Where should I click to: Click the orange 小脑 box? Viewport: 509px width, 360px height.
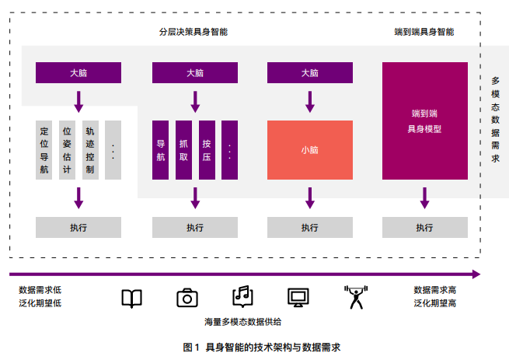coord(309,150)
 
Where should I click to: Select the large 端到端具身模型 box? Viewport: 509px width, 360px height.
coord(424,121)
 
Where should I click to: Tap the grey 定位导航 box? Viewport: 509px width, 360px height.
coord(44,150)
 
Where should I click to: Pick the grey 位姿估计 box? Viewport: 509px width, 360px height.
coord(68,150)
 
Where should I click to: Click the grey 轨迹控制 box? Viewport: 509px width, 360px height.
coord(90,150)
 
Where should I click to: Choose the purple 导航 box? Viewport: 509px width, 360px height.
coord(161,150)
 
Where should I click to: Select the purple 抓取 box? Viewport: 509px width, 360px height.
coord(183,150)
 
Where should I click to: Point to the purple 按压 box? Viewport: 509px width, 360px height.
coord(207,150)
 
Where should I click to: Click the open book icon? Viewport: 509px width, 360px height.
coord(132,298)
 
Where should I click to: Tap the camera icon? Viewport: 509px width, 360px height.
coord(187,298)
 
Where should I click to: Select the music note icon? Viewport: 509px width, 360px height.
coord(242,296)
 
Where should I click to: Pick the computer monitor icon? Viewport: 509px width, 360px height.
coord(298,298)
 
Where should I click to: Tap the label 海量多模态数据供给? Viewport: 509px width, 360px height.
coord(243,321)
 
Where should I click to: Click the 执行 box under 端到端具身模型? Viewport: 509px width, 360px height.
coord(424,228)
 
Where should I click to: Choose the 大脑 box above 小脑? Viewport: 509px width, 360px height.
coord(309,73)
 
